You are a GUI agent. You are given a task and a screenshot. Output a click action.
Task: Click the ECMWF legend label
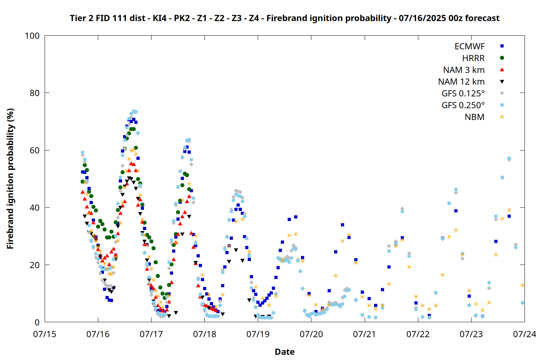[469, 46]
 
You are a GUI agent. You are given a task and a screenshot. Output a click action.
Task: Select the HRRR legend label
[473, 58]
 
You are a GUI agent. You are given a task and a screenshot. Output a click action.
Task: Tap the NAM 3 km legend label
[464, 70]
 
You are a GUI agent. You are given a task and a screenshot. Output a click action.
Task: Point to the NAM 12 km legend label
[462, 82]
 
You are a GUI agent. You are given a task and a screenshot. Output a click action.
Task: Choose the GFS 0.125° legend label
[463, 93]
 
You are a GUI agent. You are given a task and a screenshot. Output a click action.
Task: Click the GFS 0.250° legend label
[463, 105]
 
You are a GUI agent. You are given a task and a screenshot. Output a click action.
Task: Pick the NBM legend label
[475, 117]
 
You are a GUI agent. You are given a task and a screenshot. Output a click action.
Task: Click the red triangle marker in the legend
[502, 70]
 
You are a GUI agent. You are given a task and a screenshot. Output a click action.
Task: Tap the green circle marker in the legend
[502, 58]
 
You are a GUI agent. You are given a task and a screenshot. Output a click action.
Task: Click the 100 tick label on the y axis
[32, 36]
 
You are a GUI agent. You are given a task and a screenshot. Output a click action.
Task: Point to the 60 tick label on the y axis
[35, 150]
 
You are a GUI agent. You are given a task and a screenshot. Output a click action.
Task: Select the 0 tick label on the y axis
[37, 322]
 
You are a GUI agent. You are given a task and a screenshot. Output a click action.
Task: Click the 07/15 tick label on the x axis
[45, 334]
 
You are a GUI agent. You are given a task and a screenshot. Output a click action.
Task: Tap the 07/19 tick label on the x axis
[258, 334]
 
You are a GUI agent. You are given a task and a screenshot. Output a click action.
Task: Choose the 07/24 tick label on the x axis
[525, 334]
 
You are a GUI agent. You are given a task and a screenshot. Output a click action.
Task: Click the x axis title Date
[285, 352]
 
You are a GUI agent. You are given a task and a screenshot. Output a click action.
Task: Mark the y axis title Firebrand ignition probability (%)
[10, 179]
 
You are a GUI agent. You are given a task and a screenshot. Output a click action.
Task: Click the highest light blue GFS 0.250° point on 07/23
[509, 158]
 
